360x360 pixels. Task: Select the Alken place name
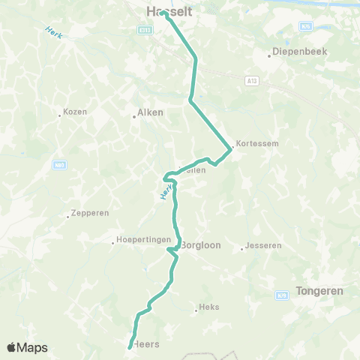[x=148, y=114]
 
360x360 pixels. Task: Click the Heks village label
[x=208, y=307]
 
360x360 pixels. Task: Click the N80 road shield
[x=59, y=164]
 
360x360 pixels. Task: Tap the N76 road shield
[x=304, y=25]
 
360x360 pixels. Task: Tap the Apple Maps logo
[x=26, y=347]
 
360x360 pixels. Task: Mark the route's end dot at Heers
[x=130, y=346]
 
